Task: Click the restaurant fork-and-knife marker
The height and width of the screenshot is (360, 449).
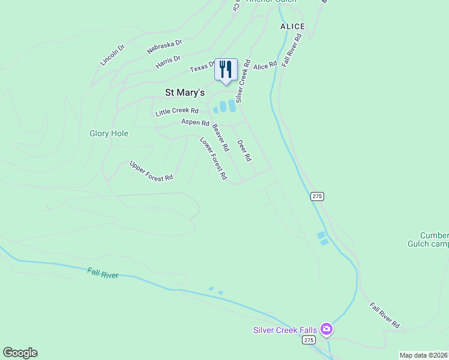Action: coord(226,69)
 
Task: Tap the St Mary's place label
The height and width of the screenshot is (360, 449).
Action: coord(185,92)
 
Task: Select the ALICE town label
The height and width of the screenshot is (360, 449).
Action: coord(293,26)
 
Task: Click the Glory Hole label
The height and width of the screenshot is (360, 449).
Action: coord(109,133)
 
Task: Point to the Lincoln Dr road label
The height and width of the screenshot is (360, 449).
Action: coord(112,55)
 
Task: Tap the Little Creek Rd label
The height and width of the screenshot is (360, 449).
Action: coord(177,112)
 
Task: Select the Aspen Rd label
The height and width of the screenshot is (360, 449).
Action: coord(195,122)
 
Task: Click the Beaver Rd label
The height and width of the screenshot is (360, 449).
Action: coord(220,137)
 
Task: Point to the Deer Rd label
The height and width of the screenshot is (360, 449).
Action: coord(244,151)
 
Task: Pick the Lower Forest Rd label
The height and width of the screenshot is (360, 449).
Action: coord(214,158)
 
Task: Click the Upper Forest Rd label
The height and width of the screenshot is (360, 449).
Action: coord(151,170)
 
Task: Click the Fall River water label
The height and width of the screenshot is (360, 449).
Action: coord(103,274)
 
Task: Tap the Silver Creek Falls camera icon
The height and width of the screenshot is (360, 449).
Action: coord(326,328)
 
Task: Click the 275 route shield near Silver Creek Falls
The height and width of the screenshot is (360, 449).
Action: coord(308,340)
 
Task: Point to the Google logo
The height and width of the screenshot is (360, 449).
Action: coord(20,353)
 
